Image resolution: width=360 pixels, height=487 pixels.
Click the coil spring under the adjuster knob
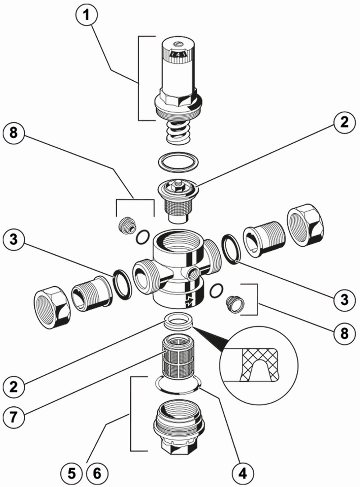tap(178, 133)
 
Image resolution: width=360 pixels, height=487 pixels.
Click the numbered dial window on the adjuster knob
tap(178, 55)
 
